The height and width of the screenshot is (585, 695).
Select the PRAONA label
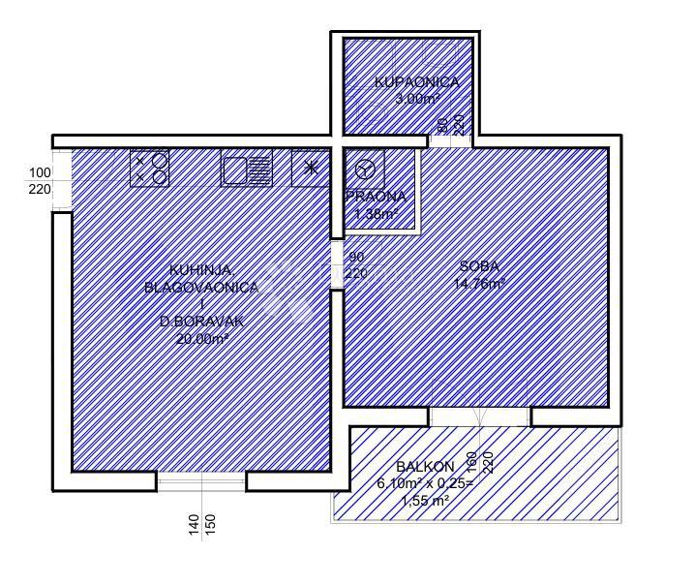(375, 197)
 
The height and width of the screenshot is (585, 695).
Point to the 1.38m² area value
(375, 213)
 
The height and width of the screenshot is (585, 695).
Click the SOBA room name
(478, 266)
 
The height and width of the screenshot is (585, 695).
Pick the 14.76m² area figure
(478, 284)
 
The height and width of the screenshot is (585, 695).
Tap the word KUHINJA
(200, 270)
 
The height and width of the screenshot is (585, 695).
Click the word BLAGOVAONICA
(200, 288)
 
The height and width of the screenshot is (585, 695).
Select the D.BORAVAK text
(200, 322)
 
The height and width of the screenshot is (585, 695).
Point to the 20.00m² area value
(200, 339)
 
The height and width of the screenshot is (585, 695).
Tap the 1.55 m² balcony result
(413, 501)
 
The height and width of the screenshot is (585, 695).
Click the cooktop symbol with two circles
(150, 169)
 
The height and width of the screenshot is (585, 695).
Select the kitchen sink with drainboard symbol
(248, 169)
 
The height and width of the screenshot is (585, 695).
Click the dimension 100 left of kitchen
(40, 172)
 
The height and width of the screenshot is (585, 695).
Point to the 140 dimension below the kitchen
(194, 525)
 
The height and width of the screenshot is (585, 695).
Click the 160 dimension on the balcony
(471, 462)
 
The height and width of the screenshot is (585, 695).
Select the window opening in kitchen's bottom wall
(201, 480)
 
